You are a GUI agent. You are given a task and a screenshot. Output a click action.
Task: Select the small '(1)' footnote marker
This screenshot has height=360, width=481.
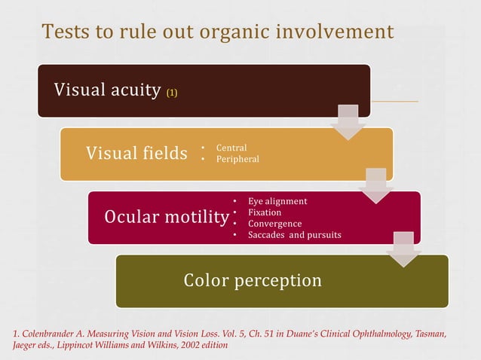click(x=172, y=93)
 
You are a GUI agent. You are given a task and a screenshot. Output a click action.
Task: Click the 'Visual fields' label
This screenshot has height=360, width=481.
click(x=136, y=154)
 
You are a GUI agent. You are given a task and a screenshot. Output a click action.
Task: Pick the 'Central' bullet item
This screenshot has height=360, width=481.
click(x=231, y=148)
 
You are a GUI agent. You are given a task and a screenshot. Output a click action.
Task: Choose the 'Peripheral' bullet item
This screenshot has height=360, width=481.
click(x=237, y=159)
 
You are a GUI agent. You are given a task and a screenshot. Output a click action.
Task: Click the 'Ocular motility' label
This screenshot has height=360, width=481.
click(x=166, y=218)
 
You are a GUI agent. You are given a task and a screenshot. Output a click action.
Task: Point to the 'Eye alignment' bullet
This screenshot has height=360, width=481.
click(x=277, y=201)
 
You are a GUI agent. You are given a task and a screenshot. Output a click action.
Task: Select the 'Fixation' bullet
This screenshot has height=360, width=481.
click(x=265, y=212)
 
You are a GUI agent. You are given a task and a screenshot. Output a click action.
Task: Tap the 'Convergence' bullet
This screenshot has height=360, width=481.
click(x=274, y=224)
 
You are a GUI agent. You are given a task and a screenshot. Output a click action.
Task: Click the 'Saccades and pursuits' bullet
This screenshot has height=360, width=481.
click(x=294, y=235)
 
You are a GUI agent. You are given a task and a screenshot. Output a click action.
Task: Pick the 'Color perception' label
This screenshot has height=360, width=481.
click(x=253, y=281)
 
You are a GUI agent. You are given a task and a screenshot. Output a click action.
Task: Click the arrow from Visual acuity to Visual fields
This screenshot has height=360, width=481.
click(x=348, y=124)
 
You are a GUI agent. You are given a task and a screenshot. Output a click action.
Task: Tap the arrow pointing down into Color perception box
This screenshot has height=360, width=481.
click(x=404, y=250)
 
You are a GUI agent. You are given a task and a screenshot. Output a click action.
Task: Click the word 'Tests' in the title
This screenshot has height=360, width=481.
click(x=66, y=32)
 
